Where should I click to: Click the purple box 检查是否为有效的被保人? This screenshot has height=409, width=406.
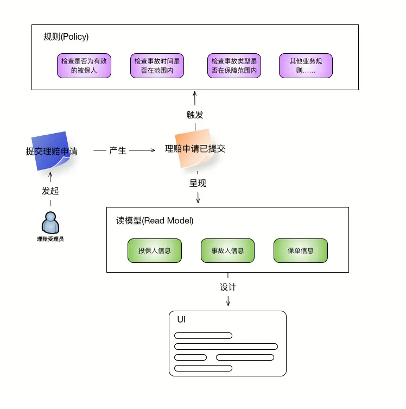coord(84,66)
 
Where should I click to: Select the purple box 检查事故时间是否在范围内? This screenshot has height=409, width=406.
coord(157,66)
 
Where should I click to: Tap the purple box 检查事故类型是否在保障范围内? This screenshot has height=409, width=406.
coord(234,66)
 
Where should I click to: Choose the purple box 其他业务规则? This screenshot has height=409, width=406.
coord(306,66)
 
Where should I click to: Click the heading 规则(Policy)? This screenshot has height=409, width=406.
coord(66,37)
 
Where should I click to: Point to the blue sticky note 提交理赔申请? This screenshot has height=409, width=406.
coord(52,151)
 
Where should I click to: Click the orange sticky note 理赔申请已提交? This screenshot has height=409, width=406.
coord(194,148)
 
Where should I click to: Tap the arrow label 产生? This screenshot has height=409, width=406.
coord(118,150)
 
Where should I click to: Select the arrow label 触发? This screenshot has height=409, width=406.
coord(195,115)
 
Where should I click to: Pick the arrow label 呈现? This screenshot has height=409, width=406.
coord(198,183)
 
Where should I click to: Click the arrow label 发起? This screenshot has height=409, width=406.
coord(50,191)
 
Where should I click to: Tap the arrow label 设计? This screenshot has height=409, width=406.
coord(228,287)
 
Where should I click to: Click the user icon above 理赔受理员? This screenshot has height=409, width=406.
coord(50,223)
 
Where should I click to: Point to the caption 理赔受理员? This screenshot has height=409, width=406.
coord(50,239)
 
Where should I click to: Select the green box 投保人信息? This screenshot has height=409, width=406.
coord(155,251)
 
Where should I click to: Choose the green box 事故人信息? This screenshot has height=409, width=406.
coord(227,251)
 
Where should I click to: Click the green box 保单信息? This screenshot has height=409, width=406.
coord(301,251)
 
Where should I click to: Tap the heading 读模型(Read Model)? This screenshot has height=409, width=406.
coord(155,221)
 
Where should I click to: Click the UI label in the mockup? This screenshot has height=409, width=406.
coord(181,319)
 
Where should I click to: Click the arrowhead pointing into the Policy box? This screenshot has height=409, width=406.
coord(195,92)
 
